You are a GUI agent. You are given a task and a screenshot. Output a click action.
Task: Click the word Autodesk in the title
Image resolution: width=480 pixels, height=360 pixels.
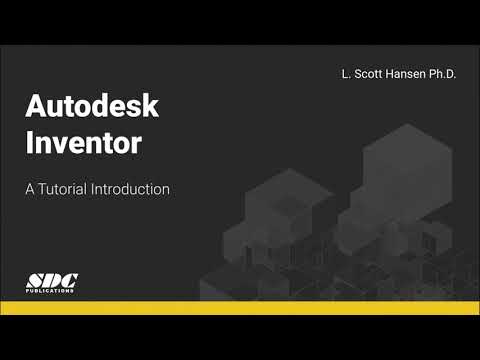click(92, 107)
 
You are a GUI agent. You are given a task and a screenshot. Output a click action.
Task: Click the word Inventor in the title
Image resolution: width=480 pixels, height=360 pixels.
click(83, 142)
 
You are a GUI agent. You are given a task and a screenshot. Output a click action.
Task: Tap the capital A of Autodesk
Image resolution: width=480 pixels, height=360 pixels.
click(36, 107)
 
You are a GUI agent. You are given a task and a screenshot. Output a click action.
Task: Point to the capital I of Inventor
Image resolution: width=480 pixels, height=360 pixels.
click(30, 142)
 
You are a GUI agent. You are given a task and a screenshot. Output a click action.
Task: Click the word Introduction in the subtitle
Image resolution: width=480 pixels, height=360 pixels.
click(131, 189)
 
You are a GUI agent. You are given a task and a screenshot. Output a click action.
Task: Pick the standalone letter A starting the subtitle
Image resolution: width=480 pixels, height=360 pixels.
click(31, 189)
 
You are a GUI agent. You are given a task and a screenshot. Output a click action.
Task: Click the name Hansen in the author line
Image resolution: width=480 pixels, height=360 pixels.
click(399, 75)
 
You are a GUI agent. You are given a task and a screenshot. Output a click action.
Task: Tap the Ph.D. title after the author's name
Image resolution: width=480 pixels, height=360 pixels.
click(436, 75)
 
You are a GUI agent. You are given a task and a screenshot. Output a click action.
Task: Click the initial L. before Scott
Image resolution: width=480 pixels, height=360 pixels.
click(344, 75)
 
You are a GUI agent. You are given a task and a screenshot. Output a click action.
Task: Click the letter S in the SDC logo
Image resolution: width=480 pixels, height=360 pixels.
click(37, 280)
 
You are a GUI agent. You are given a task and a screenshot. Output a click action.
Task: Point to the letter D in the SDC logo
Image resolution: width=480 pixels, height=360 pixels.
click(52, 280)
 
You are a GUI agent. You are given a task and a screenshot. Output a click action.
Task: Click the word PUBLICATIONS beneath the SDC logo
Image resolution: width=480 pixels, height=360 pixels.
click(51, 291)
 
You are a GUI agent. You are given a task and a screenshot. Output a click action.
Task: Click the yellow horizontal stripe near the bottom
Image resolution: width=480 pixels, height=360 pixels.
click(240, 307)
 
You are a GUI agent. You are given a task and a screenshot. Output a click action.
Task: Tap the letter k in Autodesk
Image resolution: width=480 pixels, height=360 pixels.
click(151, 107)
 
